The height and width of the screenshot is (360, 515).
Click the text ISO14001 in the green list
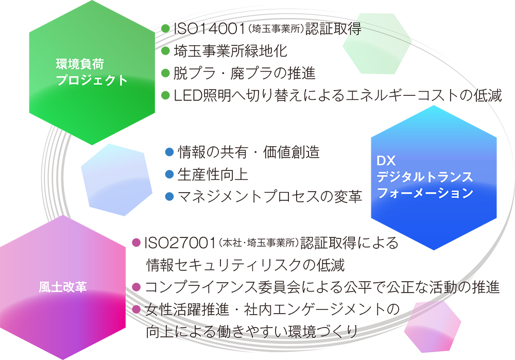click(x=210, y=28)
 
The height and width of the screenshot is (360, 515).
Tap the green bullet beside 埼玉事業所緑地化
click(x=165, y=50)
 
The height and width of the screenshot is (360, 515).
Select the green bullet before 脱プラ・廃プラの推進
click(x=165, y=73)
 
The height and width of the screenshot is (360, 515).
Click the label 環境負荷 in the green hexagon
click(x=80, y=64)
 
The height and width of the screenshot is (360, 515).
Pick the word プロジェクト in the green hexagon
click(x=92, y=80)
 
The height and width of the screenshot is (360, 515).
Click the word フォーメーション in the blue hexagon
click(x=425, y=193)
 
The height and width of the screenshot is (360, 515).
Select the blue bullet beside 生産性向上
click(x=169, y=174)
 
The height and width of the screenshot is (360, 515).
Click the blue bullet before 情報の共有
click(x=169, y=152)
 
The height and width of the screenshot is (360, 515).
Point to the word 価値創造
click(x=291, y=152)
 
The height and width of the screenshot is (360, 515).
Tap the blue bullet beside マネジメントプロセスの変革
click(x=169, y=196)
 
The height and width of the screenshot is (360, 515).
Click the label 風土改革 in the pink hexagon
click(x=63, y=287)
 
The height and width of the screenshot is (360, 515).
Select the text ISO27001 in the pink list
click(x=180, y=243)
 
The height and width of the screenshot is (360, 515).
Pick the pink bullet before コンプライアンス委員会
click(x=136, y=287)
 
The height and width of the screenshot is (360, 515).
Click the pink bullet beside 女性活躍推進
click(x=136, y=309)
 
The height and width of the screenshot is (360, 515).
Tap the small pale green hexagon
click(x=377, y=44)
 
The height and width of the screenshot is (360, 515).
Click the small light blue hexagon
click(x=116, y=180)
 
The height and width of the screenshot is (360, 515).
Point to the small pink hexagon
click(x=433, y=327)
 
